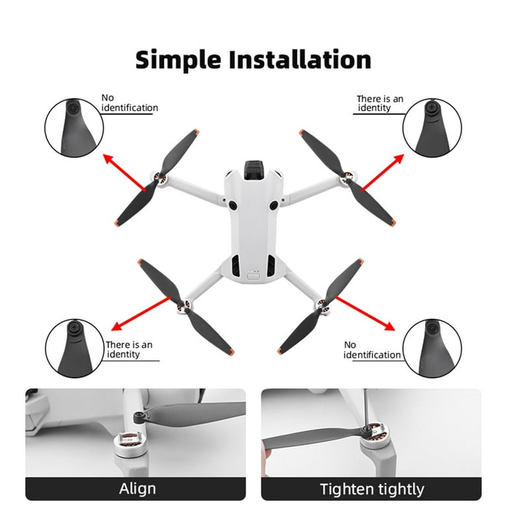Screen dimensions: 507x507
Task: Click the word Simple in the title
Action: pyautogui.click(x=178, y=59)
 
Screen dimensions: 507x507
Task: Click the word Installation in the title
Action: pyautogui.click(x=296, y=59)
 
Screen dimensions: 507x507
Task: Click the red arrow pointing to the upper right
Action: pyautogui.click(x=379, y=169)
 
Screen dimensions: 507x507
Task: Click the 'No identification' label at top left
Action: pyautogui.click(x=129, y=103)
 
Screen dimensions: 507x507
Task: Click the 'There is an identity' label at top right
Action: pyautogui.click(x=380, y=104)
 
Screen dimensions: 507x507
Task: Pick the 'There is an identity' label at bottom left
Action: pyautogui.click(x=129, y=349)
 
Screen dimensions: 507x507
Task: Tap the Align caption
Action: pyautogui.click(x=137, y=489)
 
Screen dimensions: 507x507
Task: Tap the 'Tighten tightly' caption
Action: pyautogui.click(x=372, y=489)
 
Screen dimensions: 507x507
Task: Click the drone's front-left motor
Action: pyautogui.click(x=160, y=178)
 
